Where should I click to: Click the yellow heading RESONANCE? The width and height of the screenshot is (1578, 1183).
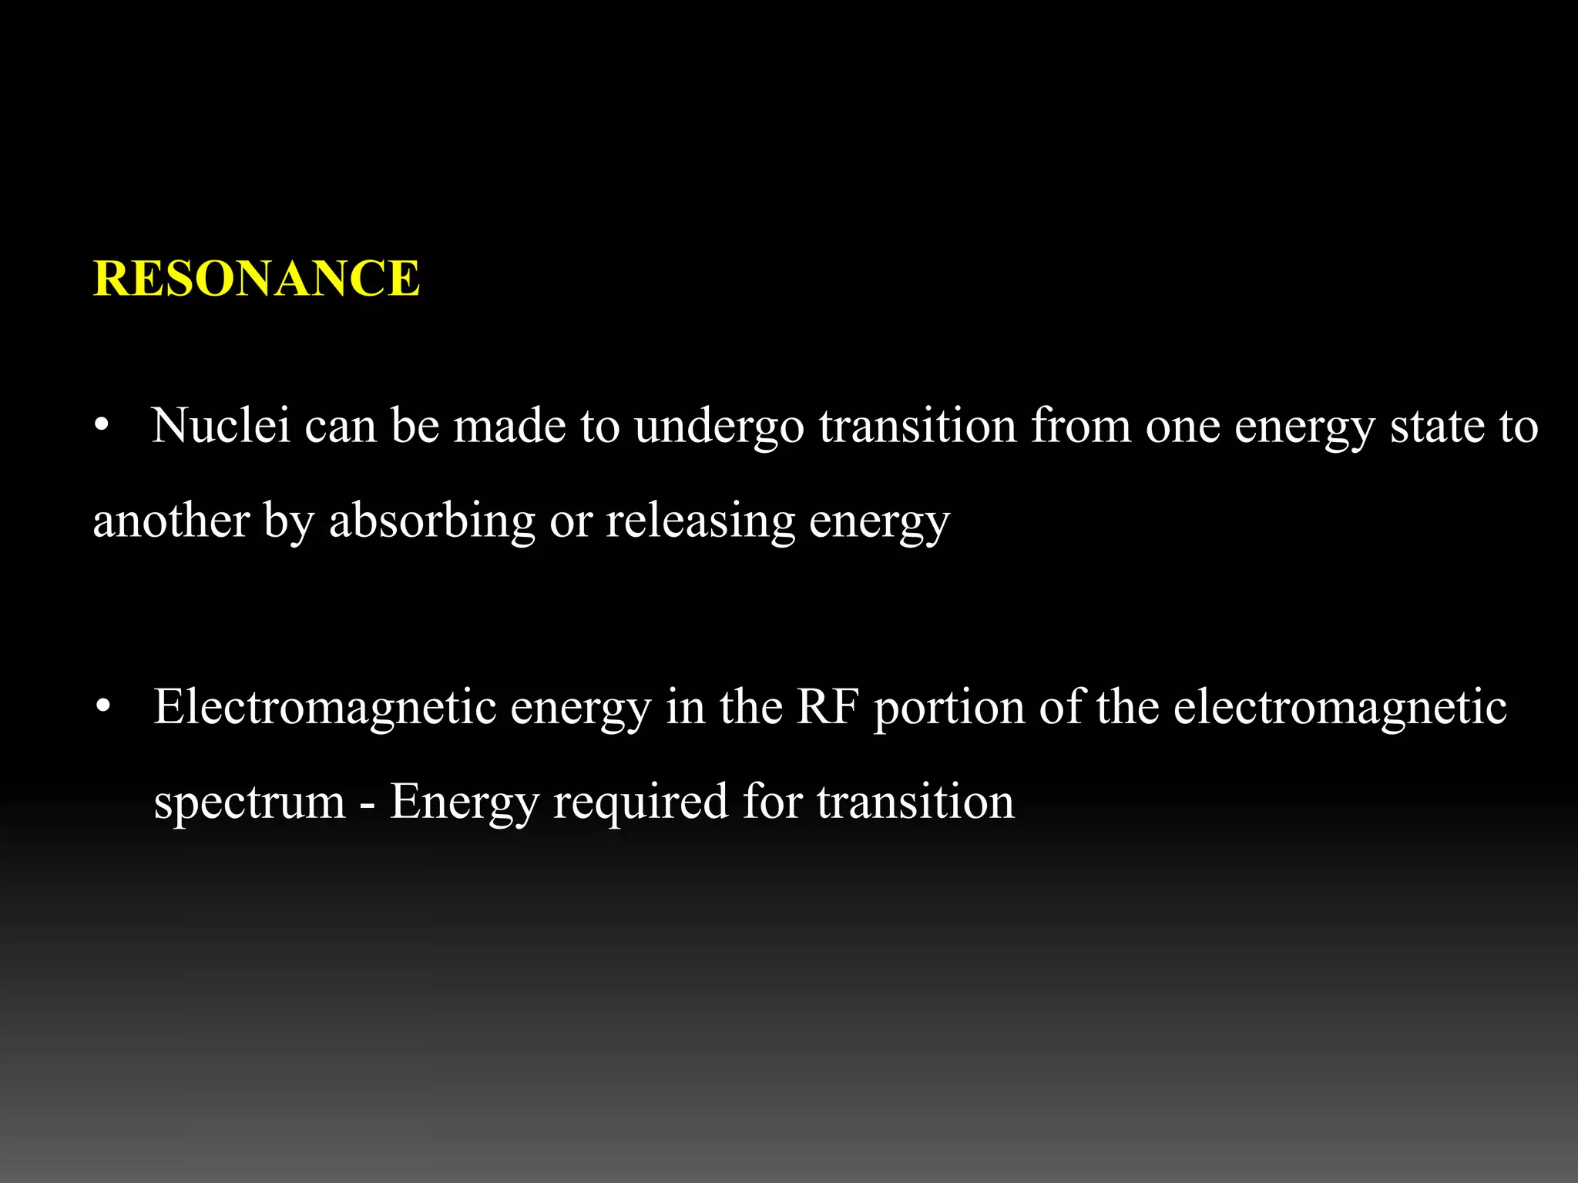[257, 278]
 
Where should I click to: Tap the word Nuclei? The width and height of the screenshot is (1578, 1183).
[221, 425]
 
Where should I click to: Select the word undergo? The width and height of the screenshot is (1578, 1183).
[719, 427]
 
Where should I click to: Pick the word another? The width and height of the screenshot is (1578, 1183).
[171, 521]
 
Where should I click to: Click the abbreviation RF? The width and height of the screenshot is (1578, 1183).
[828, 706]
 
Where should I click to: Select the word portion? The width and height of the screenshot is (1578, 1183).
[949, 708]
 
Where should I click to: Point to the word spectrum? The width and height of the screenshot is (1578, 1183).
[250, 803]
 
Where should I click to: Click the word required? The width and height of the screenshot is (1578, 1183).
[640, 803]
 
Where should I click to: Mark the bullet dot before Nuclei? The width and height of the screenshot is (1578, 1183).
[102, 427]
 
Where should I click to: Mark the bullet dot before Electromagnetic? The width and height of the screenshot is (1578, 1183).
[104, 707]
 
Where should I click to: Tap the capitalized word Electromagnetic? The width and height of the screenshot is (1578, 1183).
[324, 707]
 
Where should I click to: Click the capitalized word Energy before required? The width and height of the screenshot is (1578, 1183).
[463, 803]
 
